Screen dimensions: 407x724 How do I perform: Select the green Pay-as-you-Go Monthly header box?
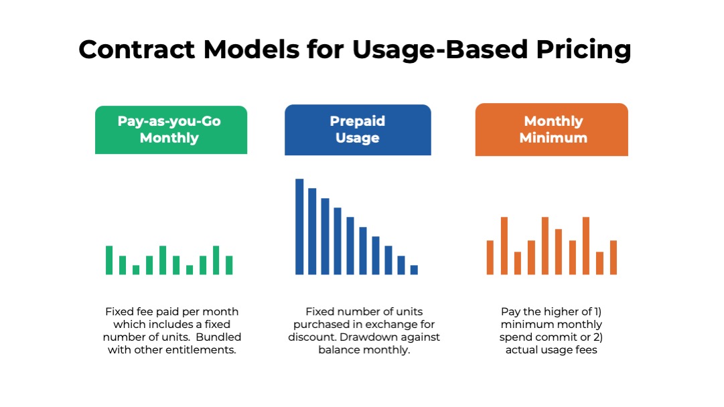[171, 130]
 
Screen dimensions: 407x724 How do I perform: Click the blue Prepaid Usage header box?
[358, 130]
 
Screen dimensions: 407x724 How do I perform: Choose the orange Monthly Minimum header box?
[552, 130]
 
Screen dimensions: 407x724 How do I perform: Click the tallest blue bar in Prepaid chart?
[299, 226]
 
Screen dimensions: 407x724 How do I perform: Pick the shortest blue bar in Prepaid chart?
[414, 270]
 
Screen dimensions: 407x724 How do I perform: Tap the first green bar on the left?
[109, 260]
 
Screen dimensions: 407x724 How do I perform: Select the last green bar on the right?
[229, 265]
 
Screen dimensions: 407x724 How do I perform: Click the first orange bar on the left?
[490, 257]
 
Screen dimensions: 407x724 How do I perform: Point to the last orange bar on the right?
[613, 257]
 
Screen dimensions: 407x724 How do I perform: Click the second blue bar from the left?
[312, 231]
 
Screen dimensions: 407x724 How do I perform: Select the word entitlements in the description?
[205, 349]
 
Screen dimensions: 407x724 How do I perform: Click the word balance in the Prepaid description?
[343, 349]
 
